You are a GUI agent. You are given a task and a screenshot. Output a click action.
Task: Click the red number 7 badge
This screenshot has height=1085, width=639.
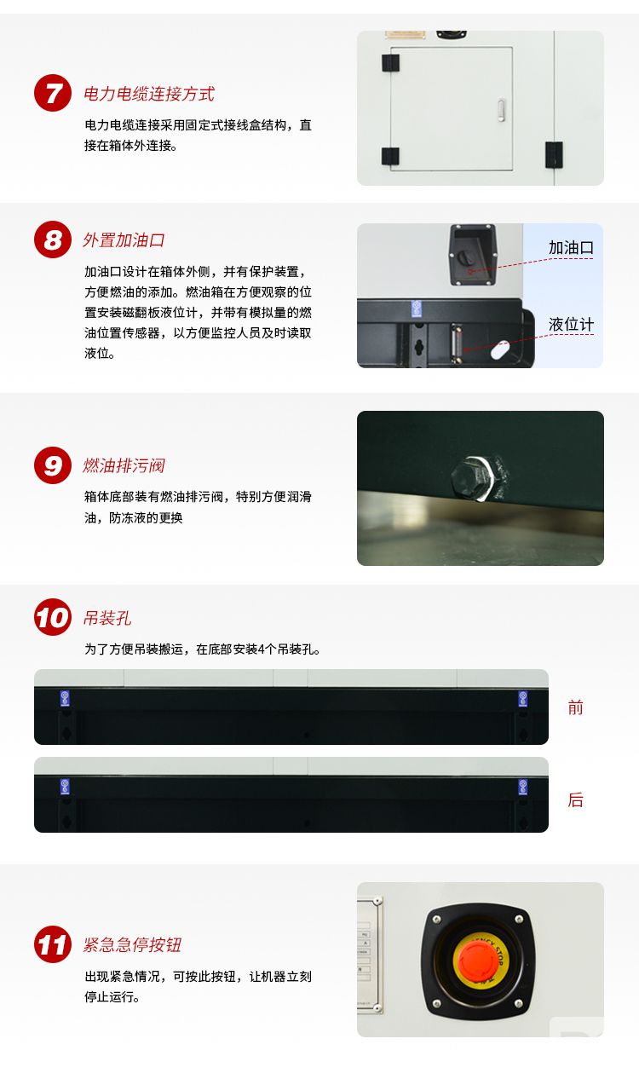coord(53,93)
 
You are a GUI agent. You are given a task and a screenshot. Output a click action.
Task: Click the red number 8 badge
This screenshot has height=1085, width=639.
coord(53,240)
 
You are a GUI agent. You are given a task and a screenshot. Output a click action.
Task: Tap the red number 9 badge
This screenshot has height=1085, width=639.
coord(53,465)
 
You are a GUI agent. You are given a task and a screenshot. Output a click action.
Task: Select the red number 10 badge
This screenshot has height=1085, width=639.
coord(53,617)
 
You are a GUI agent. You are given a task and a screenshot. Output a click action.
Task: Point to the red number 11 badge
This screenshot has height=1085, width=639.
coord(53,944)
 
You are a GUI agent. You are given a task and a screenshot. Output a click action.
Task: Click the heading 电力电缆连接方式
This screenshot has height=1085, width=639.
coord(148,94)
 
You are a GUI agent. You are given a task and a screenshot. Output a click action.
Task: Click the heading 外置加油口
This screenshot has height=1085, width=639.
coord(124,240)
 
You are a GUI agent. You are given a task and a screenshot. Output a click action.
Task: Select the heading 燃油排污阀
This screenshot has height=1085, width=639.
coord(124,465)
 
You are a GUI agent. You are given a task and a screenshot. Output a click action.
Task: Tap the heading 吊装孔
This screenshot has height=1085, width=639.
coord(107,618)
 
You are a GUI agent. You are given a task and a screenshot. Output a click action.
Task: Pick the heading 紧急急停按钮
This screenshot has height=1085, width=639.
coord(132,944)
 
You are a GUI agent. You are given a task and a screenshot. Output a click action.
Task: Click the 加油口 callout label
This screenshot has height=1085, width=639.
coord(570,248)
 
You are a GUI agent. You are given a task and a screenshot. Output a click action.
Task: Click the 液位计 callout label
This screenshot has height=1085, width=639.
coord(570,325)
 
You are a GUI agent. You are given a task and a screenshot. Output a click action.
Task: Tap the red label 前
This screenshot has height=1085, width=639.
coord(576,707)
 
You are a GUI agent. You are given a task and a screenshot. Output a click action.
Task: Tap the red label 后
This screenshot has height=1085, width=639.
coord(576,799)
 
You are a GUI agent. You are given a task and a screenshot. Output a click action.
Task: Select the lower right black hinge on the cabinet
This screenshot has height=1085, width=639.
coord(554,154)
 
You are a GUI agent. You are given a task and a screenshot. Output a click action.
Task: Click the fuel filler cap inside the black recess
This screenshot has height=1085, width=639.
coord(465,257)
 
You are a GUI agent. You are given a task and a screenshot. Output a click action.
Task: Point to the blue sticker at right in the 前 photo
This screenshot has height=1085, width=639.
coord(523,698)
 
